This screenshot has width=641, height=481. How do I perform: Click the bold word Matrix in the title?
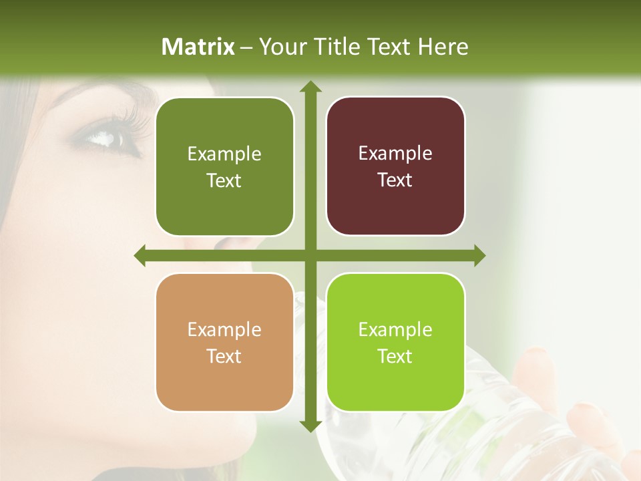point(198,47)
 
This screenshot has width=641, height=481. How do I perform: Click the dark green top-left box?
point(224,167)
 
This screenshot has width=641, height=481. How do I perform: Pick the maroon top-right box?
point(395,166)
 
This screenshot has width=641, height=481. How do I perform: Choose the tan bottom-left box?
point(224,342)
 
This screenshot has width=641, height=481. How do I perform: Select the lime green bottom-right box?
point(395,342)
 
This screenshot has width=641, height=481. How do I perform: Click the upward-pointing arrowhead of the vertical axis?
point(310,86)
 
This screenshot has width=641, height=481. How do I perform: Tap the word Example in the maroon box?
point(395,153)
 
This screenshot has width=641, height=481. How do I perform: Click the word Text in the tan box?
point(224,356)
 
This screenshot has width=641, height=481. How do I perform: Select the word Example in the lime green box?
point(395,329)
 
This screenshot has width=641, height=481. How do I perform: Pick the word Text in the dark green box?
point(224,181)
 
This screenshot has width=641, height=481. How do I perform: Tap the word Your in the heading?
point(280,47)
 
